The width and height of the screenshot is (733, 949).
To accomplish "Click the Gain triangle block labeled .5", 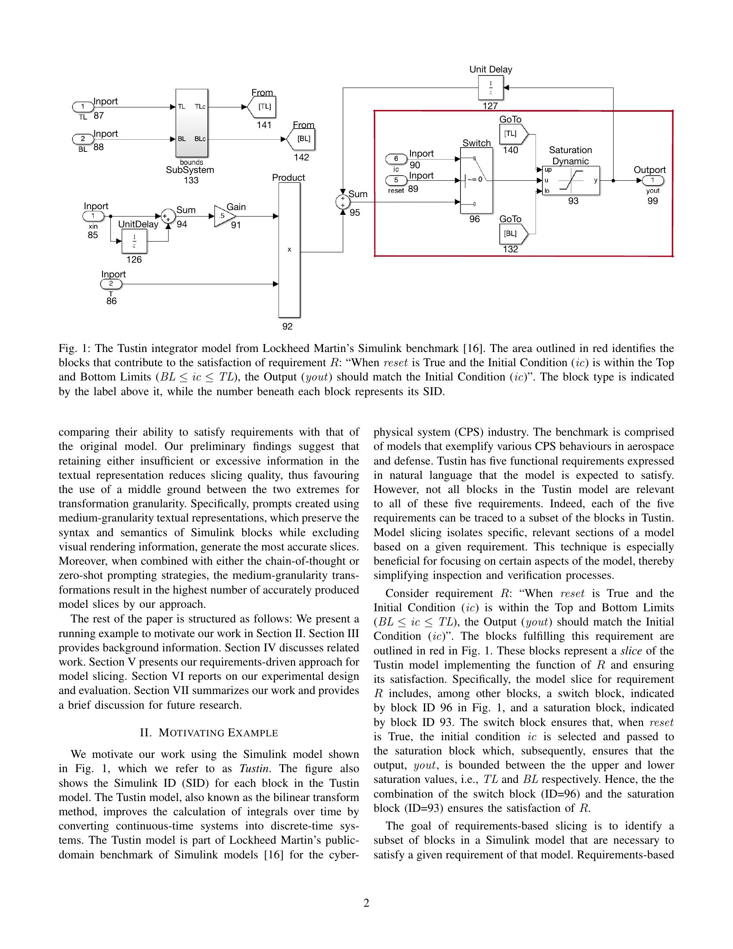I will [223, 216].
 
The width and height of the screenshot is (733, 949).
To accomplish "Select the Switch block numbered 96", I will [476, 180].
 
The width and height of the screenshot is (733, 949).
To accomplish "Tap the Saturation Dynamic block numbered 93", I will [570, 180].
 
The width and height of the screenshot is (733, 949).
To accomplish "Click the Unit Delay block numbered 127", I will [491, 88].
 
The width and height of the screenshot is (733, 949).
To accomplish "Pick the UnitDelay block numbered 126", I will [134, 242].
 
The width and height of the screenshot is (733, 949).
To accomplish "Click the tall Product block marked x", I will [289, 250].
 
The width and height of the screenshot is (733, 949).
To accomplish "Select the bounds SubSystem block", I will [191, 123].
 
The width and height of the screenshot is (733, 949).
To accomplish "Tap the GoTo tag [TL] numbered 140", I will [513, 134].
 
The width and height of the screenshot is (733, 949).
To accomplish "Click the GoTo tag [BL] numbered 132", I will [513, 234].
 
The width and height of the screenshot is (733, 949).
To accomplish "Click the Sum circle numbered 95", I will [343, 202].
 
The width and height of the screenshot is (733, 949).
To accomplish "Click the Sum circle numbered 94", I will [167, 216].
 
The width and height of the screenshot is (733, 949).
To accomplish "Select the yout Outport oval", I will [653, 181].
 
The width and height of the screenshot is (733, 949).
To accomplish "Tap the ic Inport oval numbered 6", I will [396, 159].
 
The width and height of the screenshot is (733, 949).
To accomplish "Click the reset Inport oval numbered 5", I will [396, 180].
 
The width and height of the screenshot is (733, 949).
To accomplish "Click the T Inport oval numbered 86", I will [111, 284].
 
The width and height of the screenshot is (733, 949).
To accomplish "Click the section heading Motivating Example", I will [209, 733].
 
